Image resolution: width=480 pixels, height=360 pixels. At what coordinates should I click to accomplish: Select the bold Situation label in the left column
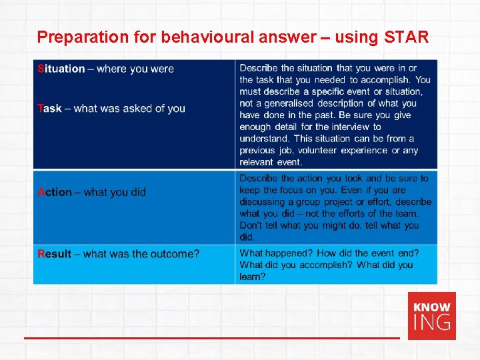pyautogui.click(x=61, y=69)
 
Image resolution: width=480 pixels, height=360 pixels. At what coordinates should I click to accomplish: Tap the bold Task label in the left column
pyautogui.click(x=50, y=108)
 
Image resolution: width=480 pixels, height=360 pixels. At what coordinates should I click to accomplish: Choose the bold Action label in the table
pyautogui.click(x=55, y=192)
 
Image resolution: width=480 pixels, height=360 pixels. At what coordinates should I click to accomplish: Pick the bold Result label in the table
pyautogui.click(x=55, y=253)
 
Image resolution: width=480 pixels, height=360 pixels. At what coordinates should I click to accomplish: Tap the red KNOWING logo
pyautogui.click(x=432, y=315)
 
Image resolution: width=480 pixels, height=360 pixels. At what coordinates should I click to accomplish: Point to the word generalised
pyautogui.click(x=289, y=103)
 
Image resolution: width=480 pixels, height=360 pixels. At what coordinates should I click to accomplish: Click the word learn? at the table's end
pyautogui.click(x=253, y=277)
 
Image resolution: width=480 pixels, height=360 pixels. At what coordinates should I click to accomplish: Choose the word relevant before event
pyautogui.click(x=257, y=162)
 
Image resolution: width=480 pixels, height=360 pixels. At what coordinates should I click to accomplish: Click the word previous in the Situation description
pyautogui.click(x=257, y=150)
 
